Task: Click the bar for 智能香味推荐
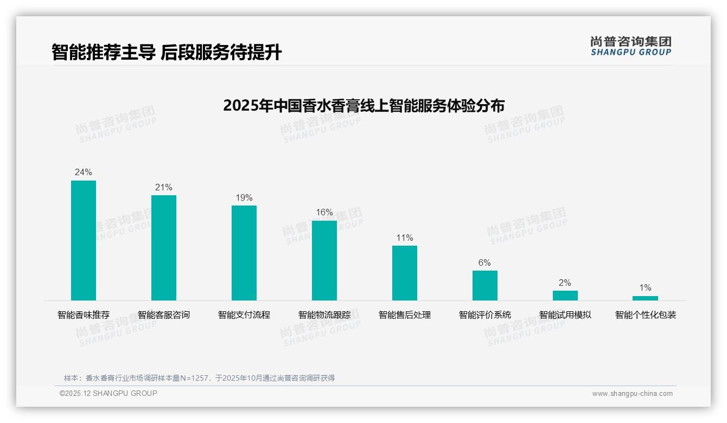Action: [x=84, y=240]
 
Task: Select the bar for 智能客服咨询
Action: [x=164, y=248]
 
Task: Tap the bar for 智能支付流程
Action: [x=244, y=253]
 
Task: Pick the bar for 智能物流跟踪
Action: [x=324, y=260]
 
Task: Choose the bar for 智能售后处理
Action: [x=405, y=273]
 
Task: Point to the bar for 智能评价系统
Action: [x=485, y=285]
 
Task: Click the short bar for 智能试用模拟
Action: [x=565, y=296]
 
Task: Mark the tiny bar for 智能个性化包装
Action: [x=645, y=298]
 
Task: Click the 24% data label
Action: [x=84, y=172]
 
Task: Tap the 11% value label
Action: [x=405, y=238]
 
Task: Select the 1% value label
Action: [x=645, y=288]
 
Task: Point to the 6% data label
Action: [x=484, y=263]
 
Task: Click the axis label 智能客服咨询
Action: [x=164, y=315]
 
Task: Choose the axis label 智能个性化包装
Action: [x=646, y=315]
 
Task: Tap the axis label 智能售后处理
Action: [x=405, y=315]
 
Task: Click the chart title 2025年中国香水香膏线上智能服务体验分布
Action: [x=363, y=105]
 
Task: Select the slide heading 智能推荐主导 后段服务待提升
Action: [x=167, y=53]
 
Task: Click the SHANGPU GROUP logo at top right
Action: [x=630, y=46]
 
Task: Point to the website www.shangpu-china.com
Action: [x=632, y=394]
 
